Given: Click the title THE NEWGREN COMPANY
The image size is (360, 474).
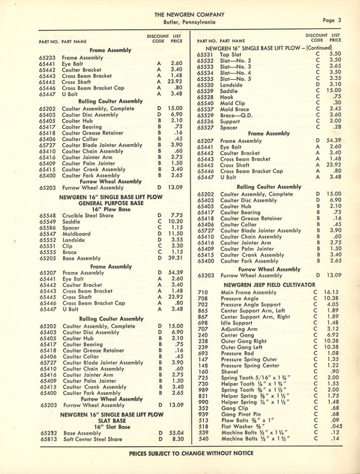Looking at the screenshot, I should point(189,14).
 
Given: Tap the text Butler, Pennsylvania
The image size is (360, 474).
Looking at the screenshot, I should point(189,22).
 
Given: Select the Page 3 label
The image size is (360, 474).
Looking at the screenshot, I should point(332,20).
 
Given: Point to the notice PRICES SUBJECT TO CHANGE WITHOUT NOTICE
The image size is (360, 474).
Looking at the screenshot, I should point(191,453).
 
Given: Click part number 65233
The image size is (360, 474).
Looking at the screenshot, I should point(48,58).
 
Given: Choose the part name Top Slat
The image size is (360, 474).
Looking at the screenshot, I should point(231,54).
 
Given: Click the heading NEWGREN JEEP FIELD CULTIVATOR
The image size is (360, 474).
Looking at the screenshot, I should point(269,285).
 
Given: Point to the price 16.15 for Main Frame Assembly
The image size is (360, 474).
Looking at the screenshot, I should point(331,293).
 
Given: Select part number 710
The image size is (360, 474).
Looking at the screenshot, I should point(203,293).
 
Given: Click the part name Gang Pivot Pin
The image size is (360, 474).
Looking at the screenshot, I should point(240,414).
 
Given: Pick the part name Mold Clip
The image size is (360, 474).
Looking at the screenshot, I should point(233,103).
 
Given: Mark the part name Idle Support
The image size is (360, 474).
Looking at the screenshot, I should point(236,323).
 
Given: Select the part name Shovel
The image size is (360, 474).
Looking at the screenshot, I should point(229,372).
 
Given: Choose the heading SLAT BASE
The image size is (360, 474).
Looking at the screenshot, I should point(111,421).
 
